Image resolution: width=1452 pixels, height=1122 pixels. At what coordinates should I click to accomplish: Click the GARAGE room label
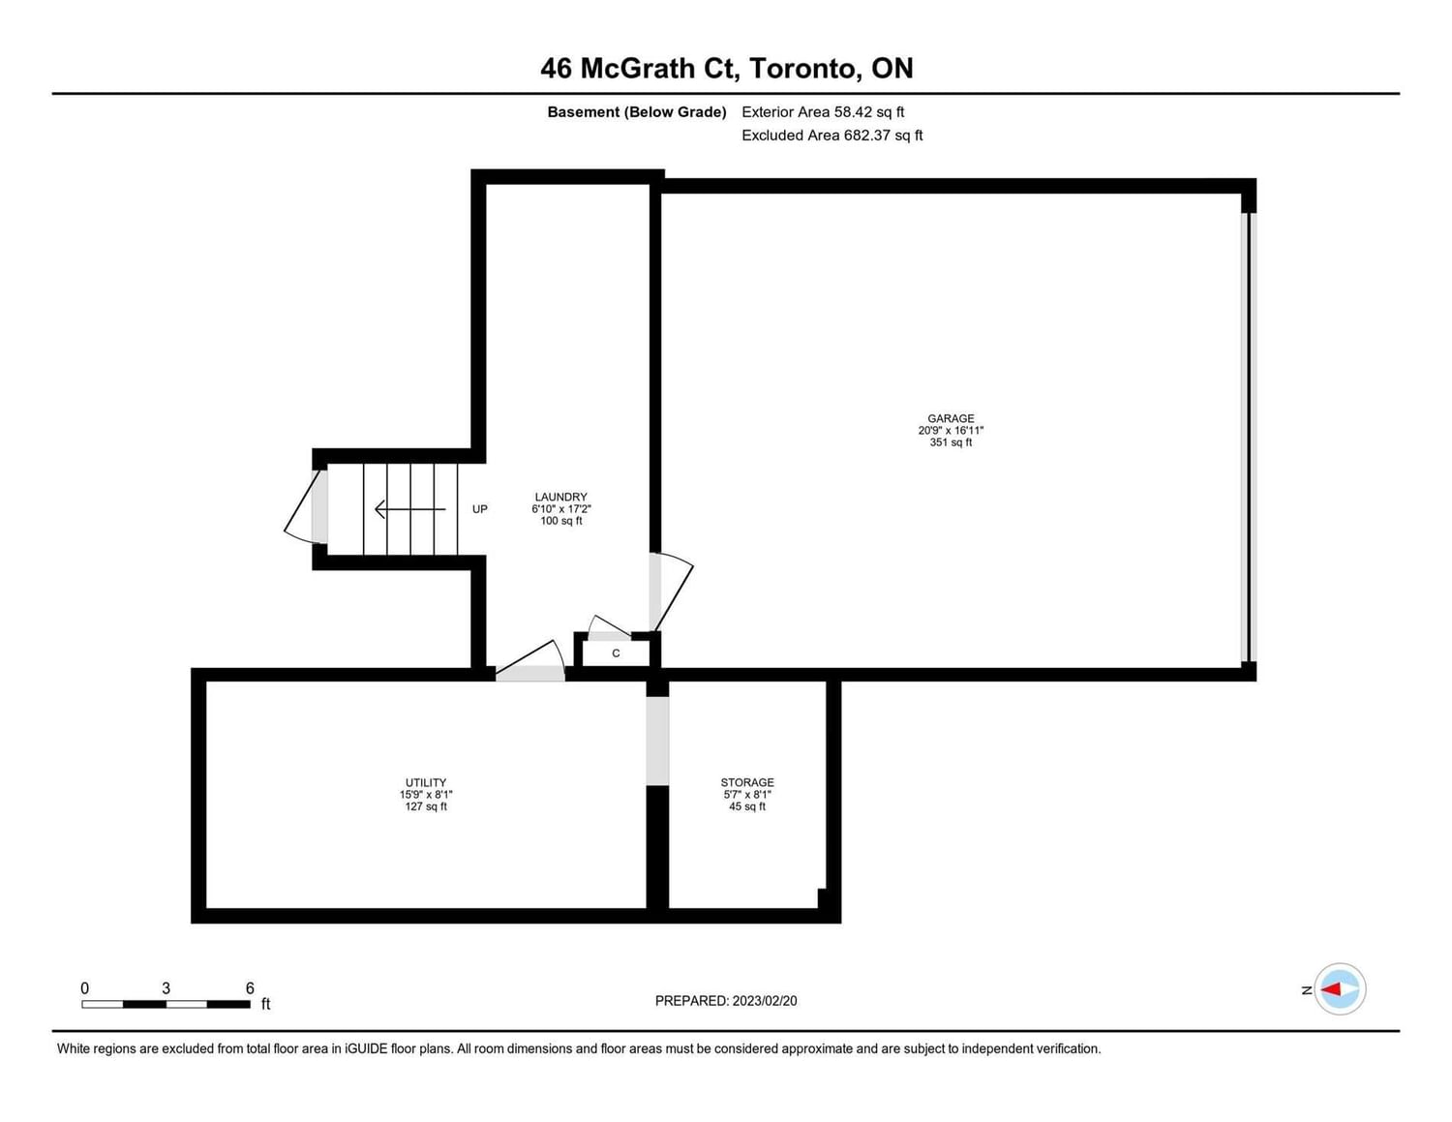coord(951,418)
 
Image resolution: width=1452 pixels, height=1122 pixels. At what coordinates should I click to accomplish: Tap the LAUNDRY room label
coord(560,497)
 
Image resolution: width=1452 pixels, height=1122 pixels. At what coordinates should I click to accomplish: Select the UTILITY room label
coord(426,782)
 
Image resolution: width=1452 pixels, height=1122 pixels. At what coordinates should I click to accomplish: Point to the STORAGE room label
coord(747,782)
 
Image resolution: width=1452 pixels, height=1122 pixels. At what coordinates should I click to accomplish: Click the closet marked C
coord(616,652)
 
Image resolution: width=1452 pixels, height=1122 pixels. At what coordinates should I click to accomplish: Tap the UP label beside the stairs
coord(480,509)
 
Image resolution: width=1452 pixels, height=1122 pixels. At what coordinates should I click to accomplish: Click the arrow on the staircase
coord(410,509)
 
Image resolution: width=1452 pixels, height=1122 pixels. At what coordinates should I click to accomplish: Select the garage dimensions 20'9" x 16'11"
coord(951,431)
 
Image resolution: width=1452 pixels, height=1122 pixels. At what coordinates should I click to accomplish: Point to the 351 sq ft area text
coord(951,442)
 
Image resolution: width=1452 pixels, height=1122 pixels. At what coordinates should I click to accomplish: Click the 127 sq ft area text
coord(426,806)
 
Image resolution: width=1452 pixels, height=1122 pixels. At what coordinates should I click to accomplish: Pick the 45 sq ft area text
coord(747,806)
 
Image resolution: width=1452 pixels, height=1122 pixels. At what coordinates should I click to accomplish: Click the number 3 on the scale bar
coord(166,987)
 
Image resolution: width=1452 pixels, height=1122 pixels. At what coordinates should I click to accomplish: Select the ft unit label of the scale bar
coord(265,1004)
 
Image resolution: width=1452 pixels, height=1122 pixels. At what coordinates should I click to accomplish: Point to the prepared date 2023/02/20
coord(765,1000)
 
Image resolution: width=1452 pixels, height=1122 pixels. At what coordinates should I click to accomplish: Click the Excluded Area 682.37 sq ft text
coord(832,136)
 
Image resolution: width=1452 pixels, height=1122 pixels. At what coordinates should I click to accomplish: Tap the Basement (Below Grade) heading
coord(637,112)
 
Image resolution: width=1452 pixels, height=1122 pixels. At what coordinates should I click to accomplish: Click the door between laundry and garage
coord(671,591)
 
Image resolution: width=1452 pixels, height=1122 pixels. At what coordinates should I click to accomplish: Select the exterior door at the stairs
coord(307,506)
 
